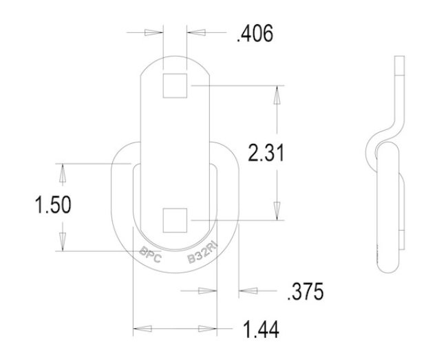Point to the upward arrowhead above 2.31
tap(277, 97)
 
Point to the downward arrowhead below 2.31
tap(277, 208)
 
